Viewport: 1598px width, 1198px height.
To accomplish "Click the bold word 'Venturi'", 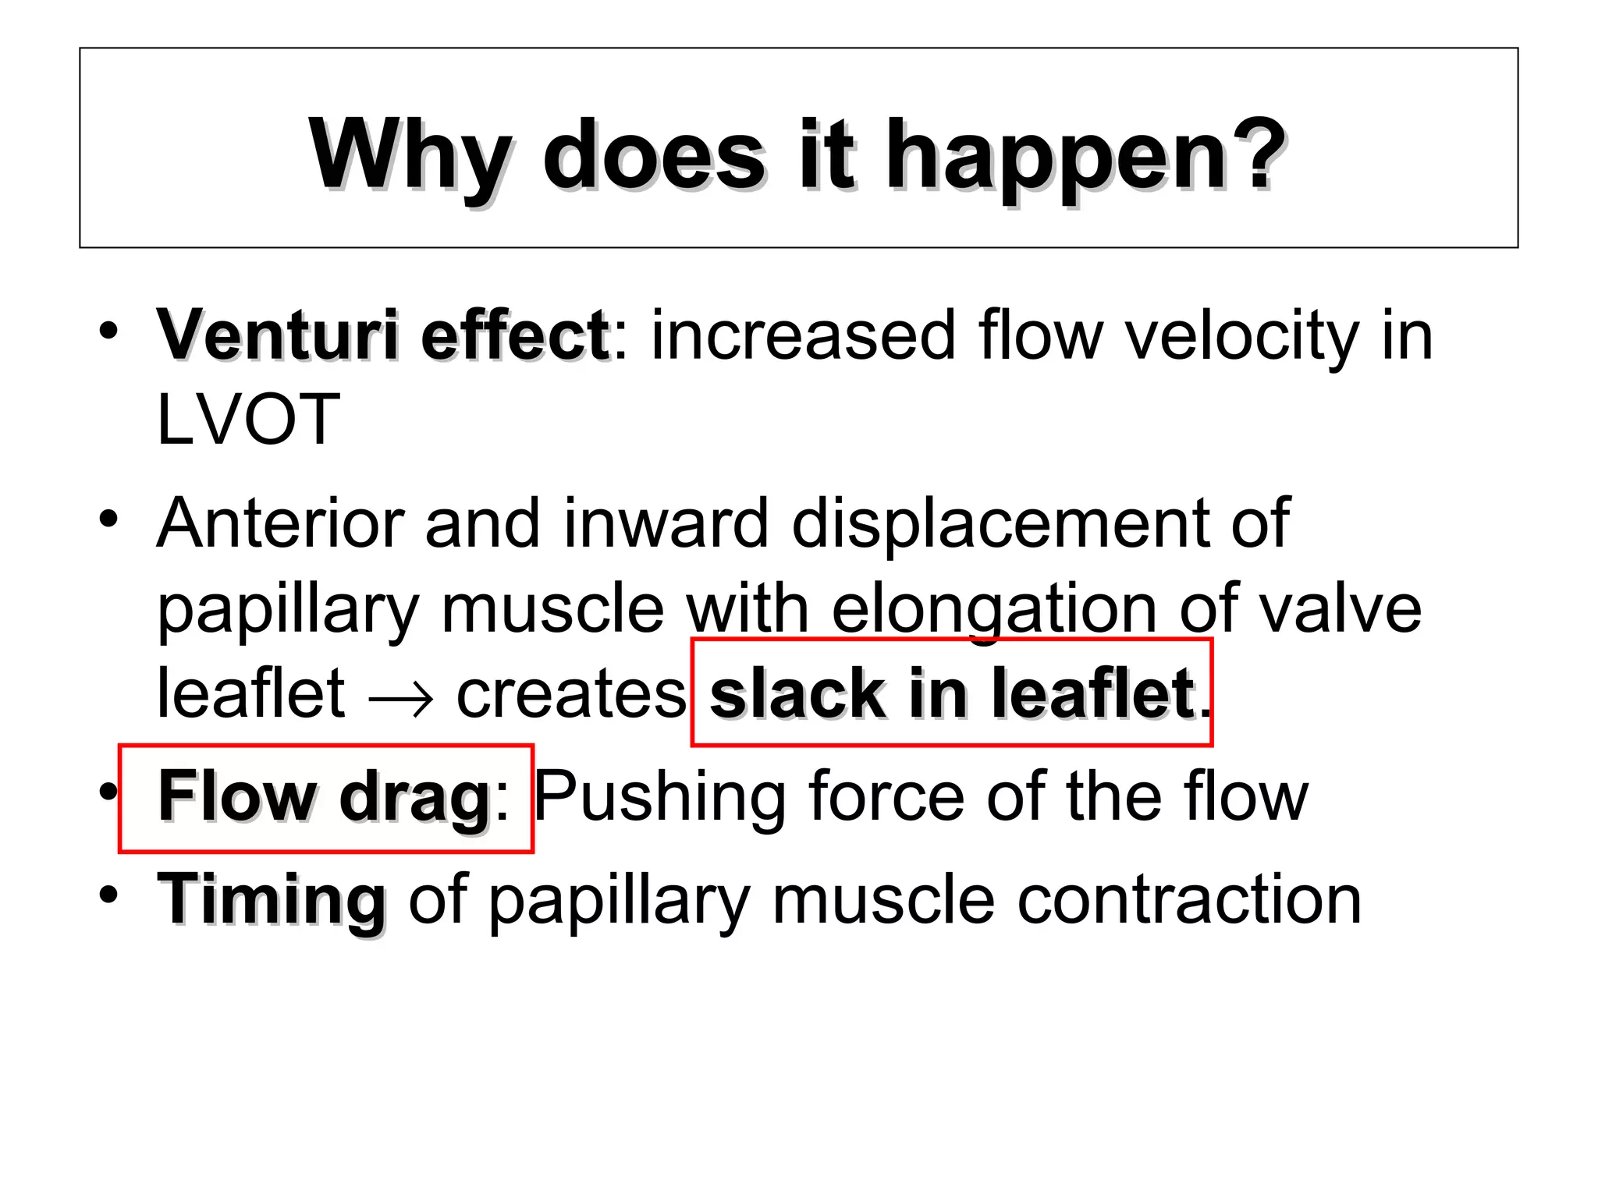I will point(279,335).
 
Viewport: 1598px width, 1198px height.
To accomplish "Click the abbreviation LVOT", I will point(248,420).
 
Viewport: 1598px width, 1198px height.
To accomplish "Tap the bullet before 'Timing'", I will point(108,895).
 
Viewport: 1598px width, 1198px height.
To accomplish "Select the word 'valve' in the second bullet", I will point(1341,608).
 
